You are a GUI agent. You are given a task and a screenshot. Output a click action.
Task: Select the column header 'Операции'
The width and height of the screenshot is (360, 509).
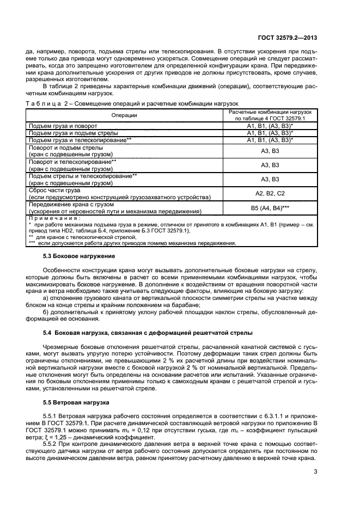click(x=124, y=115)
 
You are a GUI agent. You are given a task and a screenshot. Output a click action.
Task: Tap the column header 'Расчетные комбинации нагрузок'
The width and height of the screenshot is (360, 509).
click(x=270, y=112)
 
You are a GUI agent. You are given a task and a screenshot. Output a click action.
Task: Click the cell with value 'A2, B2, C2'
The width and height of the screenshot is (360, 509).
click(x=270, y=193)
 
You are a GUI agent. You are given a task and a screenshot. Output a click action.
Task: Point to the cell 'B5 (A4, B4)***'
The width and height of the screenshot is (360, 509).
click(x=270, y=207)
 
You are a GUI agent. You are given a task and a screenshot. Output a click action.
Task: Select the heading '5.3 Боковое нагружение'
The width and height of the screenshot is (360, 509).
click(x=79, y=256)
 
